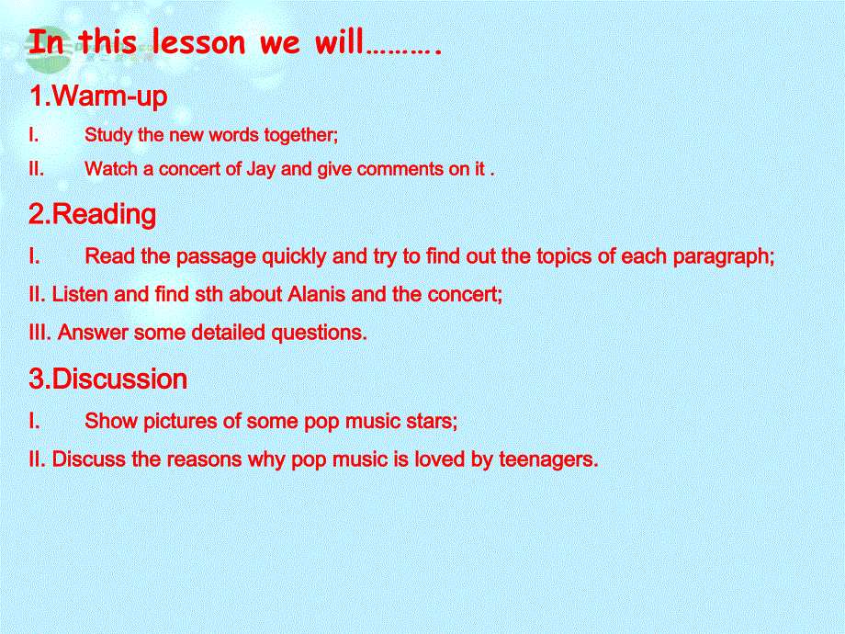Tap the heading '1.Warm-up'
point(97,96)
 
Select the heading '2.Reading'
point(92,215)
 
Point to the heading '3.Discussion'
point(107,379)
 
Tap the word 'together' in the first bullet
point(300,135)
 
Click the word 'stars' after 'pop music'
point(430,421)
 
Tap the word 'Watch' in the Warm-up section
point(108,169)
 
